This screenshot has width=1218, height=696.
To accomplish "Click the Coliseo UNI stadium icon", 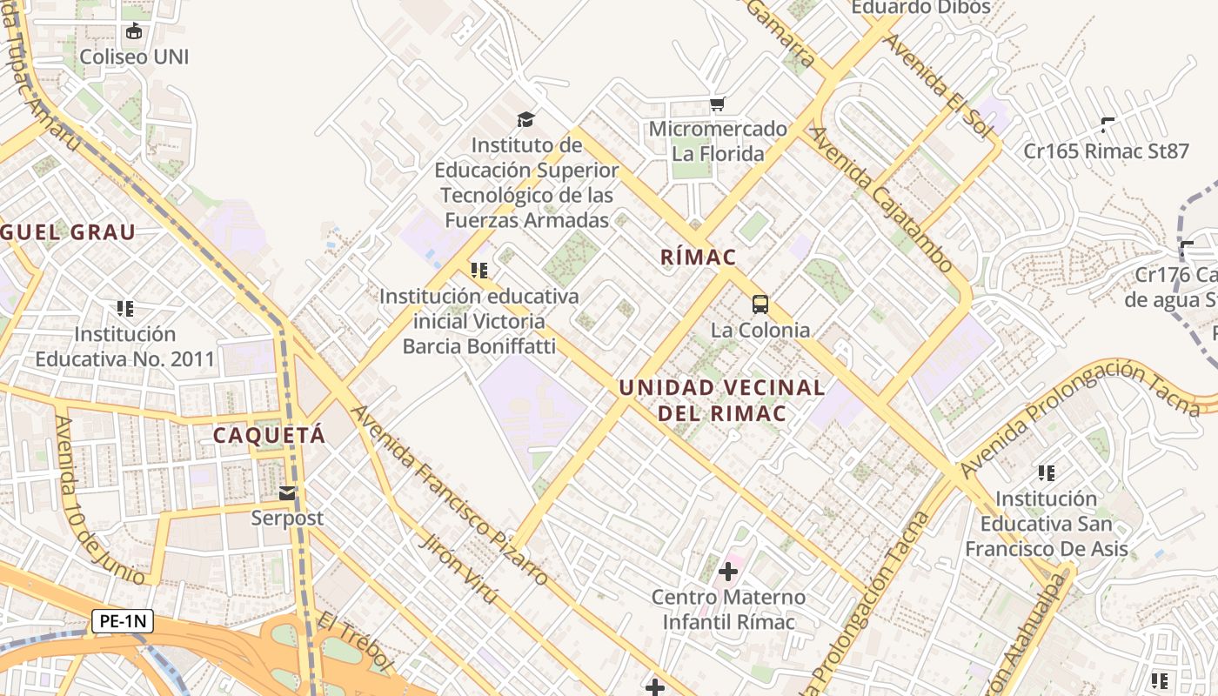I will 134,32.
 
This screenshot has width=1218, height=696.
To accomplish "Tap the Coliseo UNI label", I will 134,57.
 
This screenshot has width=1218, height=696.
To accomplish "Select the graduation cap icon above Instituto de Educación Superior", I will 525,119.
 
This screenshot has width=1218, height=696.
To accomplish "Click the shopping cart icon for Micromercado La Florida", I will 717,104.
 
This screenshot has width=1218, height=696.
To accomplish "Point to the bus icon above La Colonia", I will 760,304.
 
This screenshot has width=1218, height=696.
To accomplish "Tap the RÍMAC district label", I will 699,258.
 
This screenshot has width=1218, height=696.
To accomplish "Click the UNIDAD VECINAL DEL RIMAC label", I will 722,400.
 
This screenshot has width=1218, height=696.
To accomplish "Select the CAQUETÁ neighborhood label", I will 270,435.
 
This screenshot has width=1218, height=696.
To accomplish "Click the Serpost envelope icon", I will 287,493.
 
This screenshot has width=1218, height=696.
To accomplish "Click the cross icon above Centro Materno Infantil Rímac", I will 728,572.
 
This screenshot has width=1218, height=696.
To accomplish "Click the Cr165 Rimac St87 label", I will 1106,151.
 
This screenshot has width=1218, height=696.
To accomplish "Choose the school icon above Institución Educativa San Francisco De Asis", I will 1047,473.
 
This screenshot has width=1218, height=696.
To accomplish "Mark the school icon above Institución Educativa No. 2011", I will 125,308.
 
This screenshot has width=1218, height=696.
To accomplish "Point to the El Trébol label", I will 355,642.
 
